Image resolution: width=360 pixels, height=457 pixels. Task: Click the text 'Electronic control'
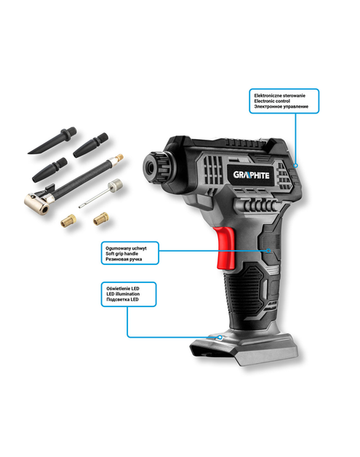pos(273,101)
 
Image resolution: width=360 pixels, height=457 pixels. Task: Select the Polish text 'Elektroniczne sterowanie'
pos(279,95)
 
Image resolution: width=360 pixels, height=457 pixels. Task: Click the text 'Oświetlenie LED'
pos(125,289)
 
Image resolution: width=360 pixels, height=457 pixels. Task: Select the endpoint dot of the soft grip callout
pos(269,250)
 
